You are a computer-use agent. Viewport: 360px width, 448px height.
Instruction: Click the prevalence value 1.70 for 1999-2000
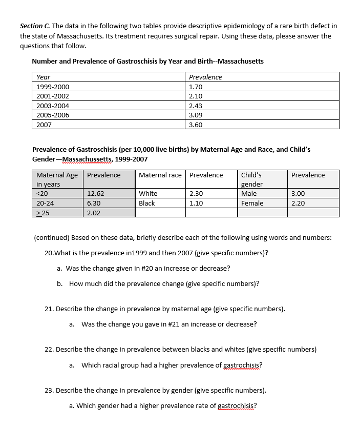pyautogui.click(x=196, y=87)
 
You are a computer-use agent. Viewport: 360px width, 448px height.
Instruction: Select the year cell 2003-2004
pyautogui.click(x=53, y=106)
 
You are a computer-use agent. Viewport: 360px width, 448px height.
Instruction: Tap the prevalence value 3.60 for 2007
pyautogui.click(x=196, y=125)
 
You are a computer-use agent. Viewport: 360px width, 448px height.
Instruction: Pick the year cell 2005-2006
pyautogui.click(x=53, y=115)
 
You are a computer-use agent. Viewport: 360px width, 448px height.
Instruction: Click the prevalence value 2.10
pyautogui.click(x=196, y=96)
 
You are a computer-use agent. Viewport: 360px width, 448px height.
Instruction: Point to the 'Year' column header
pyautogui.click(x=44, y=77)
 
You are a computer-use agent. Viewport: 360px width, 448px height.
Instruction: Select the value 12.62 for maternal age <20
pyautogui.click(x=96, y=194)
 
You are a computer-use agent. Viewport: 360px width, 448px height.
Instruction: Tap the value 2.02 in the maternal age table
pyautogui.click(x=94, y=213)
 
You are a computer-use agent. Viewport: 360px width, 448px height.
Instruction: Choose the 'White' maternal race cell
pyautogui.click(x=148, y=194)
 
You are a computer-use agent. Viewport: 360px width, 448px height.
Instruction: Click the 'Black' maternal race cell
pyautogui.click(x=147, y=203)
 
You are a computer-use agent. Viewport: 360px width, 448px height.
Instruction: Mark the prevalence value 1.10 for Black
pyautogui.click(x=196, y=203)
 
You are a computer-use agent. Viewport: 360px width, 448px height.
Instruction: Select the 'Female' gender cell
pyautogui.click(x=252, y=203)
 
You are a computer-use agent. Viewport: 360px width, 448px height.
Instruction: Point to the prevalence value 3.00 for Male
pyautogui.click(x=298, y=194)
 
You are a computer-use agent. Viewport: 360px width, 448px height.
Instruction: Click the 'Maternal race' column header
pyautogui.click(x=160, y=175)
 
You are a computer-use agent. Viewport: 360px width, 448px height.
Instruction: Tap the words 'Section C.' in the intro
pyautogui.click(x=35, y=26)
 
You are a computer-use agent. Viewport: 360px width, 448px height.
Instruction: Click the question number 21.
pyautogui.click(x=49, y=309)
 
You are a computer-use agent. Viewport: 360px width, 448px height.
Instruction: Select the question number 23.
pyautogui.click(x=49, y=390)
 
